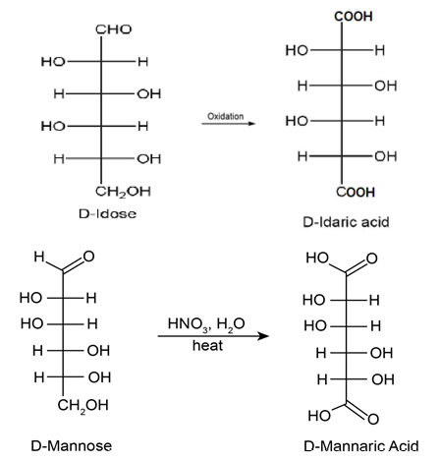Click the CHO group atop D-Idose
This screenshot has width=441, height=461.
pos(114,29)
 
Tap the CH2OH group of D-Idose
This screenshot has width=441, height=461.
pos(123,192)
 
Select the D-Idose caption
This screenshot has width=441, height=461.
pos(107,214)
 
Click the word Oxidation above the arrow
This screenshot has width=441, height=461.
pos(226,116)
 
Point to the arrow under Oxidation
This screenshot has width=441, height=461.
pos(229,124)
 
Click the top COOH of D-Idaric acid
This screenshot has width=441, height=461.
pos(354,16)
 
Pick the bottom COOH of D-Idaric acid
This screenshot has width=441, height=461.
pos(356,193)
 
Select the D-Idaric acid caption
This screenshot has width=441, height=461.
pos(346,222)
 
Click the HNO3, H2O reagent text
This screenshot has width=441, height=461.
pos(206,324)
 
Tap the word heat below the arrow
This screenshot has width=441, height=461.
pos(207,346)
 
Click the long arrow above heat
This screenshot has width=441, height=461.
pos(213,336)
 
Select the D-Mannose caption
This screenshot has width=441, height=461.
pos(72,446)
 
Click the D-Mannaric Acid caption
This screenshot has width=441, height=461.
pos(361,446)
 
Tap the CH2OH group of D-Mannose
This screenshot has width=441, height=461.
pos(83,406)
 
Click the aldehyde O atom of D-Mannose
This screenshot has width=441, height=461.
pos(88,257)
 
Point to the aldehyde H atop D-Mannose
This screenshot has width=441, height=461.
pos(39,257)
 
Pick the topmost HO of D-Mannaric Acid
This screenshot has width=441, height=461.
pos(317,258)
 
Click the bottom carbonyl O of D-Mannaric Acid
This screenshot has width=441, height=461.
pos(373,419)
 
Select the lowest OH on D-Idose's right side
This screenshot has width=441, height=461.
pos(149,159)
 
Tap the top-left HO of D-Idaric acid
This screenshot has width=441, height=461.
pos(297,50)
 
